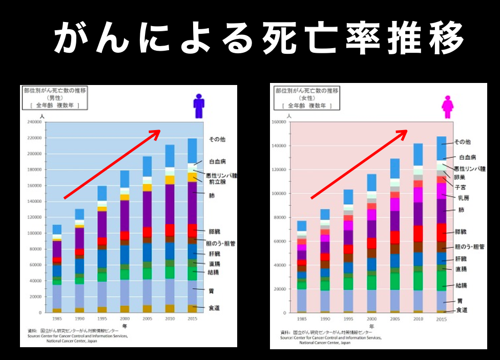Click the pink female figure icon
coord(448,106)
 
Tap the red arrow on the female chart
coord(359,163)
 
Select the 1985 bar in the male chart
coord(57,268)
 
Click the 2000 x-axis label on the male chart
coord(124,319)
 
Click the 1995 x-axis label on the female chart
coord(348,319)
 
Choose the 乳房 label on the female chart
coord(463,198)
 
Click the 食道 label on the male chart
coord(214,308)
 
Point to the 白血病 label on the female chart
coord(467,158)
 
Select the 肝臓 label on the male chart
coord(214,253)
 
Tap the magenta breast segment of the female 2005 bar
coord(395,204)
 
